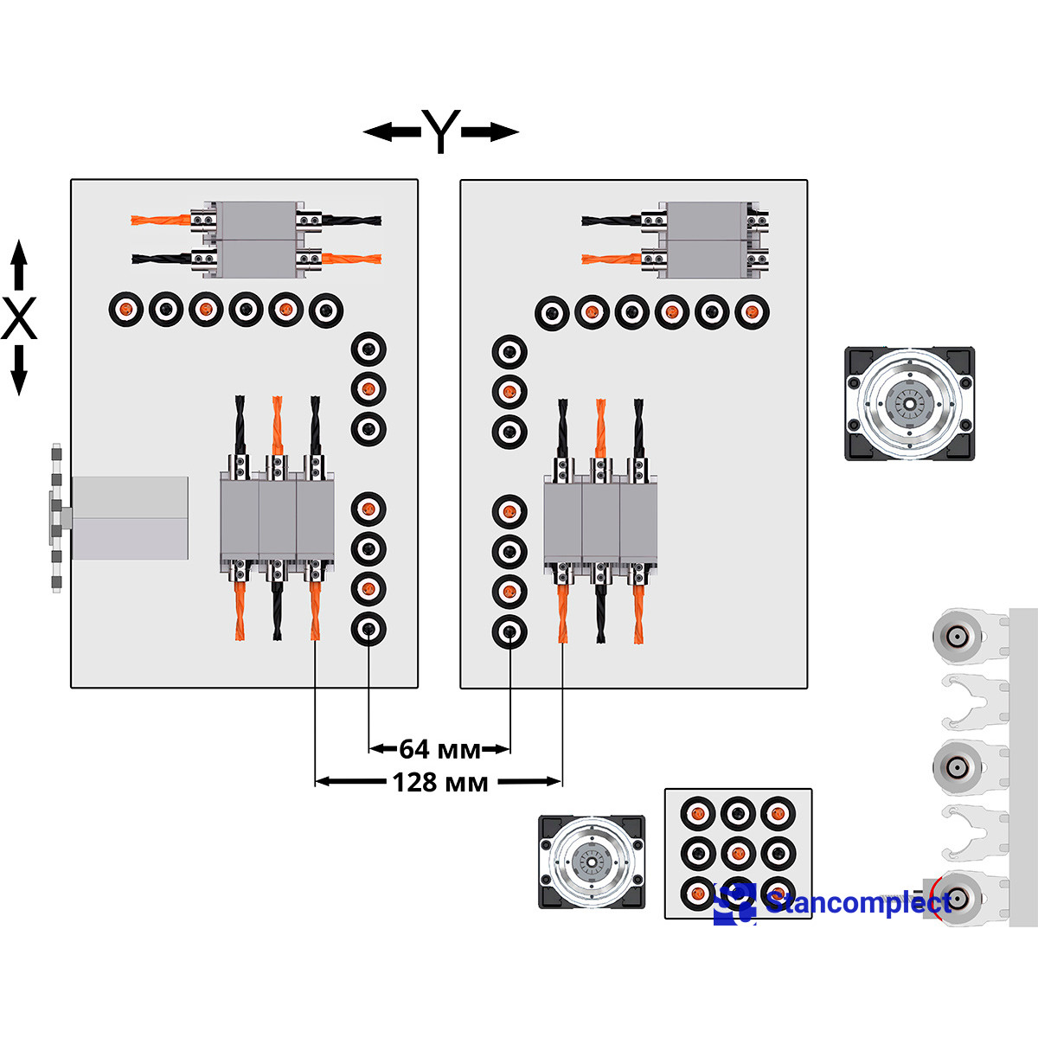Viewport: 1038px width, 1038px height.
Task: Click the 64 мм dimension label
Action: coord(439,749)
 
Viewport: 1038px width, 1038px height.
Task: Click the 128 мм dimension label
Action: coord(440,783)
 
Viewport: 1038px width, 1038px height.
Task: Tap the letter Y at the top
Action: coord(440,131)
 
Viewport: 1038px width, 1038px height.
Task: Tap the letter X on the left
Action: coord(19,317)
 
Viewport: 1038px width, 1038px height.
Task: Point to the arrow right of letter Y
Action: coord(490,131)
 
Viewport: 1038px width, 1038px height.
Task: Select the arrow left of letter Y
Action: coord(392,131)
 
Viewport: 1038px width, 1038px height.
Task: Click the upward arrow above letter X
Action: coord(19,265)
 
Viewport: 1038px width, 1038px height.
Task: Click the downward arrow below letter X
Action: coord(19,370)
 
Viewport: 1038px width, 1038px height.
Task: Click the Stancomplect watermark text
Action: coord(859,901)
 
